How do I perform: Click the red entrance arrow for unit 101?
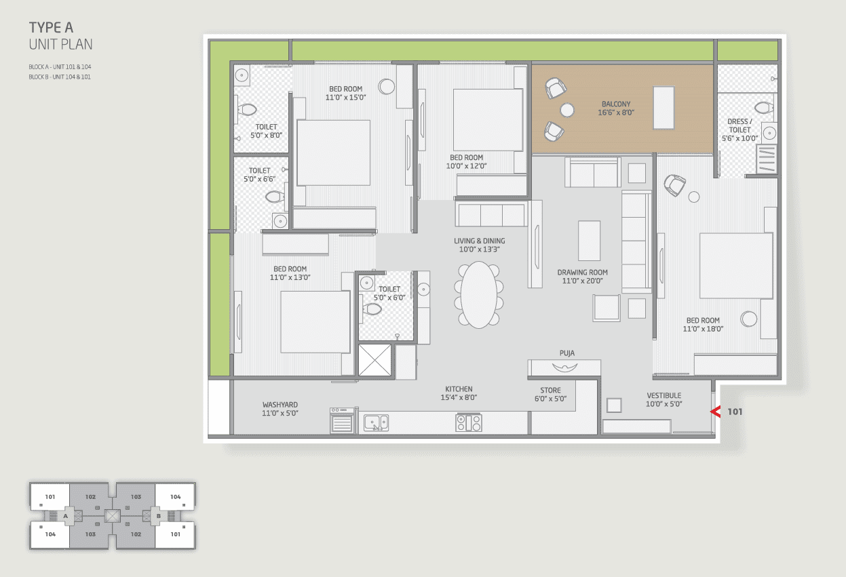[x=715, y=412]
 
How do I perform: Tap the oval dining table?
[x=479, y=295]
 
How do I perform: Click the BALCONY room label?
[x=616, y=104]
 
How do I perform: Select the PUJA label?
[x=567, y=353]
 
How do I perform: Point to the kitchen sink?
[x=376, y=422]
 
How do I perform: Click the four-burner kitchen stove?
[x=468, y=422]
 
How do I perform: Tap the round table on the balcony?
[x=567, y=111]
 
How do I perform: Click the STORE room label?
[x=550, y=390]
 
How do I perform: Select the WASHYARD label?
[x=280, y=405]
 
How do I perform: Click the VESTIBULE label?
[x=664, y=395]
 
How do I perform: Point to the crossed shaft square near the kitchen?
[x=374, y=360]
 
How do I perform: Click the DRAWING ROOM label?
[x=582, y=272]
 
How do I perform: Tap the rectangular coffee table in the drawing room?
[x=589, y=241]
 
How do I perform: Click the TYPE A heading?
[x=51, y=28]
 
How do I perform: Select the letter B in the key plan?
[x=159, y=516]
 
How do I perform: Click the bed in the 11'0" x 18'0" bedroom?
[x=736, y=266]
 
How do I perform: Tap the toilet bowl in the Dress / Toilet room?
[x=763, y=108]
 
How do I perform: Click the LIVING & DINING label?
[x=479, y=241]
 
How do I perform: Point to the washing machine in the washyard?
[x=342, y=420]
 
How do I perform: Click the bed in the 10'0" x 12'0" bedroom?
[x=488, y=120]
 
